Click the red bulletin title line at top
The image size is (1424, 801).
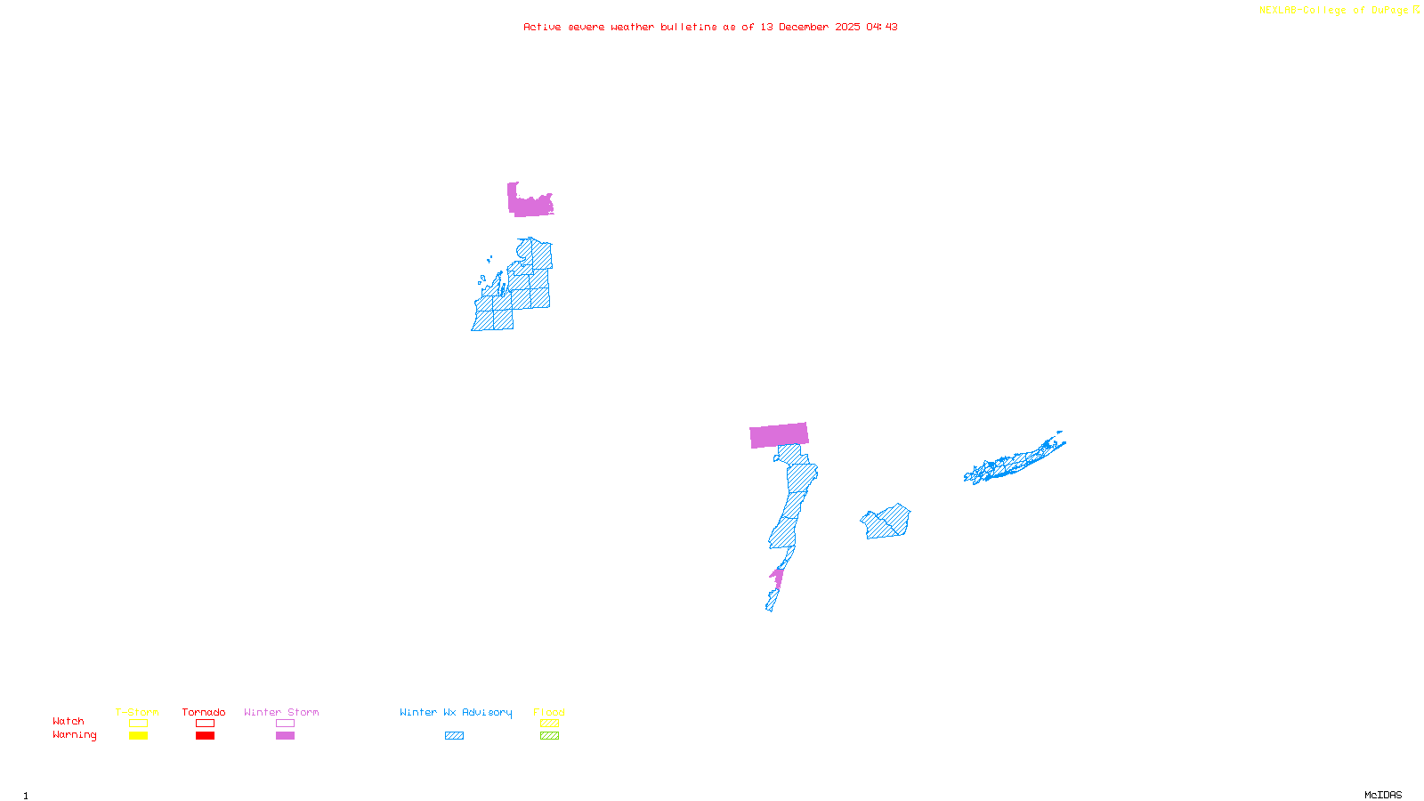coord(710,27)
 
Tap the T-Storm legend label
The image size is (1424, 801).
coord(137,712)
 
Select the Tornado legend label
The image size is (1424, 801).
coord(204,712)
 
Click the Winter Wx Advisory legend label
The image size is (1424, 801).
coord(456,712)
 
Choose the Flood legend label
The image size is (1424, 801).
coord(549,712)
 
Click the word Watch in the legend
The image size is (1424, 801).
coord(69,721)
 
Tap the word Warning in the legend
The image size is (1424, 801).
coord(74,735)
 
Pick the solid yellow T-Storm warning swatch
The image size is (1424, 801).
coord(138,736)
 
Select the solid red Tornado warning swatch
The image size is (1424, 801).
coord(205,736)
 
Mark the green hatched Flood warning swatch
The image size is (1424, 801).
coord(549,736)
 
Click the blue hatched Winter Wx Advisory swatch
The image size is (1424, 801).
coord(454,736)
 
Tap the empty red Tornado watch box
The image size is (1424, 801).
coord(205,724)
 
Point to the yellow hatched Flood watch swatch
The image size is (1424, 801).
coord(549,724)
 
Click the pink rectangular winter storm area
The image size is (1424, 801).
coord(779,435)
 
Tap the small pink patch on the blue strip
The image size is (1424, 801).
coord(777,578)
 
